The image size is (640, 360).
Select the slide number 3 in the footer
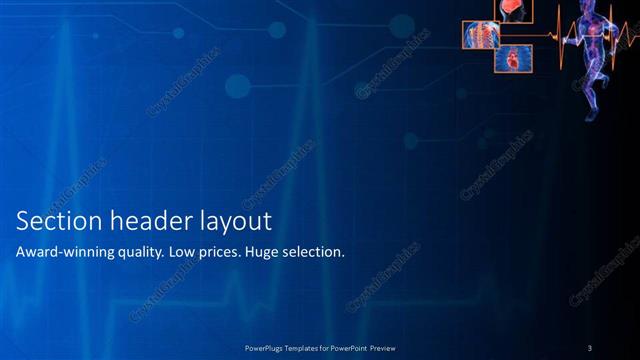(590, 347)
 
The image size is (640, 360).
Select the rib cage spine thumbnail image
(480, 35)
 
